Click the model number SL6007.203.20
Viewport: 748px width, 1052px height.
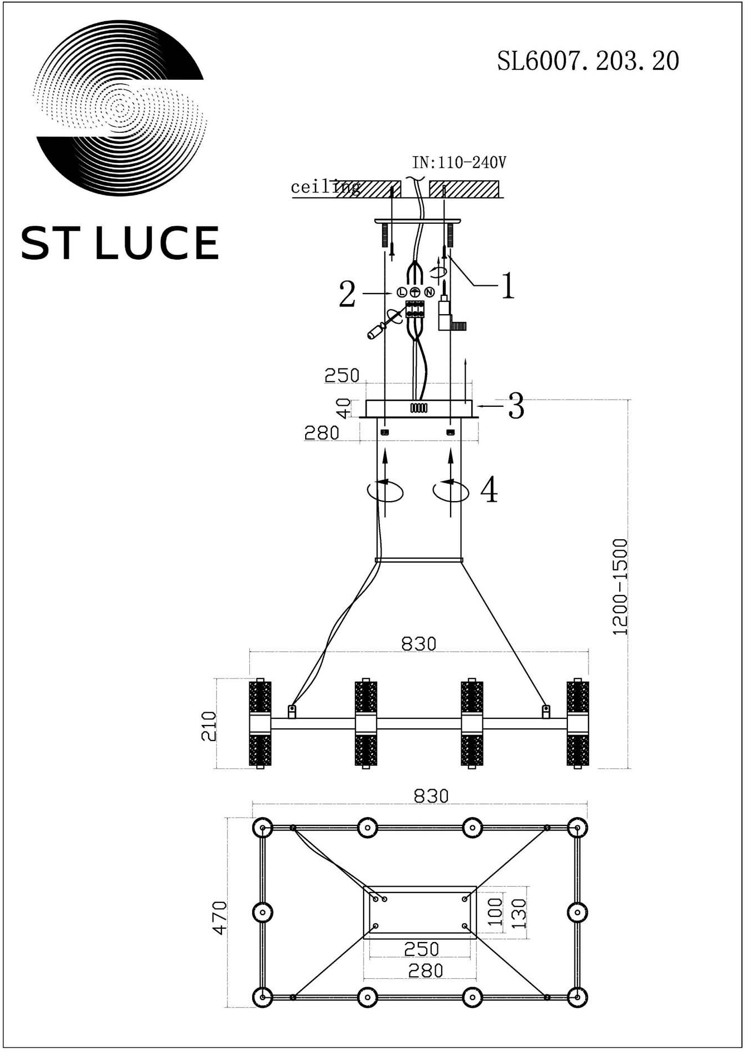coord(588,61)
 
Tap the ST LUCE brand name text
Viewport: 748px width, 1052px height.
coord(119,243)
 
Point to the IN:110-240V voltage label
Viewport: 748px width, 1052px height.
coord(459,162)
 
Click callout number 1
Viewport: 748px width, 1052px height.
coord(508,286)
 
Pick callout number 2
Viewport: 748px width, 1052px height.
coord(347,294)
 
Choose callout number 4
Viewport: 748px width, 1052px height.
coord(489,489)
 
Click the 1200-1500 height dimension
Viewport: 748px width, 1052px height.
coord(620,587)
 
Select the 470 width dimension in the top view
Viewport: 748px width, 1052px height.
coord(219,918)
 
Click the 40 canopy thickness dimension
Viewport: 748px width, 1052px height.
coord(344,408)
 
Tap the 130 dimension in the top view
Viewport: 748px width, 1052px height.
coord(518,912)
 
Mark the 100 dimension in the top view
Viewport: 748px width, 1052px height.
coord(495,912)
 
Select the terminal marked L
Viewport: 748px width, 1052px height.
coord(402,292)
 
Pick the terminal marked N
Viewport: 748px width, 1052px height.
coord(429,292)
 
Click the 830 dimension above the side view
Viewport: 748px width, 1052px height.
coord(418,644)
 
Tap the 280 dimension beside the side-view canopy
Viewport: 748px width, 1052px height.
coord(321,433)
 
